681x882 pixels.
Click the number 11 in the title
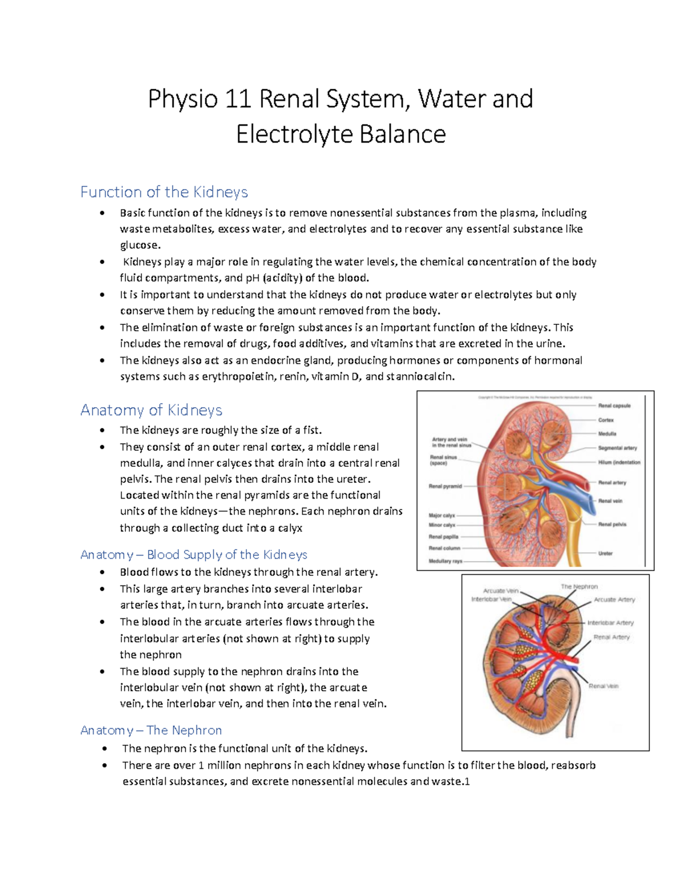238,99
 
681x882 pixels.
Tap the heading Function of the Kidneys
164,192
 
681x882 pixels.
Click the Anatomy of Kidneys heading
151,410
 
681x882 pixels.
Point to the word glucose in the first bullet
140,245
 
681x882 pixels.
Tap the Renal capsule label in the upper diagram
614,406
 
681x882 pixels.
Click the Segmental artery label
617,448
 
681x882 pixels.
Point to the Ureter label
605,553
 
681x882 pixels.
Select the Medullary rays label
445,561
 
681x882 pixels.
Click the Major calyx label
442,515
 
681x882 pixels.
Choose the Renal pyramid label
445,486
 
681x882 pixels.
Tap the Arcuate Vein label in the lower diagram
501,591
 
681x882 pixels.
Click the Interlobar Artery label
610,622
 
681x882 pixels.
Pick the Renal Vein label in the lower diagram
603,686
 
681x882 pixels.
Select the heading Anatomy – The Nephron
151,730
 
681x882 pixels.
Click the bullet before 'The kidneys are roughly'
102,430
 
